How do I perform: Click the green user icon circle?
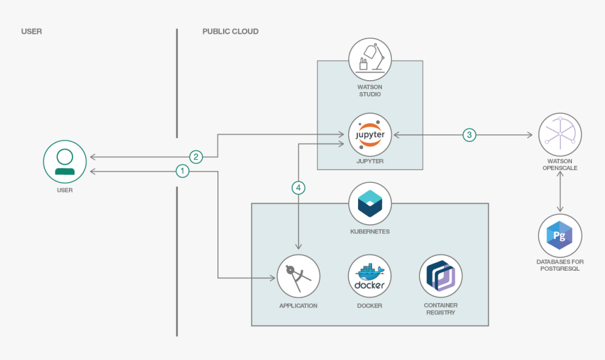pos(65,162)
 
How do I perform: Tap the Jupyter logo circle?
pos(370,134)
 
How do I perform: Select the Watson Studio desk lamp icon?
pos(370,58)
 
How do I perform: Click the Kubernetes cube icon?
pos(370,203)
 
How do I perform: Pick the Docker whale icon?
pos(370,276)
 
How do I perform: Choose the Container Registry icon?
pos(440,276)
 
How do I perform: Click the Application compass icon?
pos(298,276)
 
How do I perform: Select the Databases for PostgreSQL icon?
pos(560,236)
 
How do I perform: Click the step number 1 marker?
pos(182,171)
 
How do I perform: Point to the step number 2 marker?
pos(196,156)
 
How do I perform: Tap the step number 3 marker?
pos(469,134)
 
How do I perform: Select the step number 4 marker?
pos(299,188)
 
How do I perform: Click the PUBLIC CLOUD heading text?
pos(230,32)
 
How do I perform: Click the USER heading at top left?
pos(32,32)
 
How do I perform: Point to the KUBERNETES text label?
pos(370,231)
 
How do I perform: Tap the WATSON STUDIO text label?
pos(370,90)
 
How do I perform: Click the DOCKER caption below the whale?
pos(370,305)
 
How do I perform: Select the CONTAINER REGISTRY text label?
pos(440,309)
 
